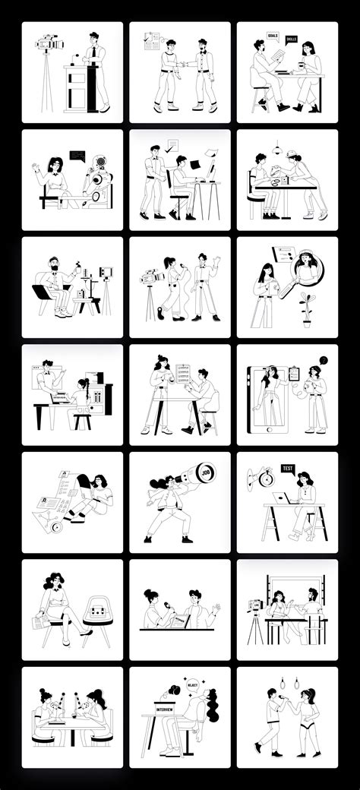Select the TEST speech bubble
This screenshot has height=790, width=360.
point(288,469)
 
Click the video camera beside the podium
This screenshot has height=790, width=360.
point(48,45)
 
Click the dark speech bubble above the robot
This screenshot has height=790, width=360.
point(77,155)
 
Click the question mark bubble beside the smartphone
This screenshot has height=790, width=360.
point(323,360)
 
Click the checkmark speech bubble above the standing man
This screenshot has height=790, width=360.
point(172,145)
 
